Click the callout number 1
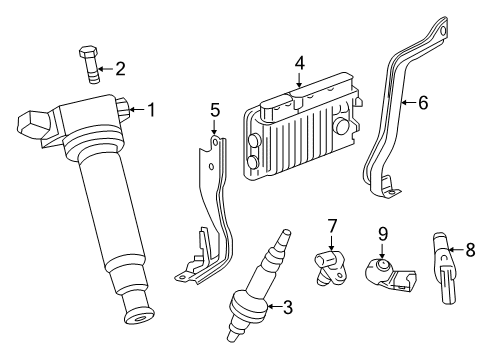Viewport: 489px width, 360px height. coord(151,109)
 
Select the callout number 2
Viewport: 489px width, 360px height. coord(119,69)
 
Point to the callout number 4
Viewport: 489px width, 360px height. coord(298,63)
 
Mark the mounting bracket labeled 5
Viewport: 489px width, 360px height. coord(207,220)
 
